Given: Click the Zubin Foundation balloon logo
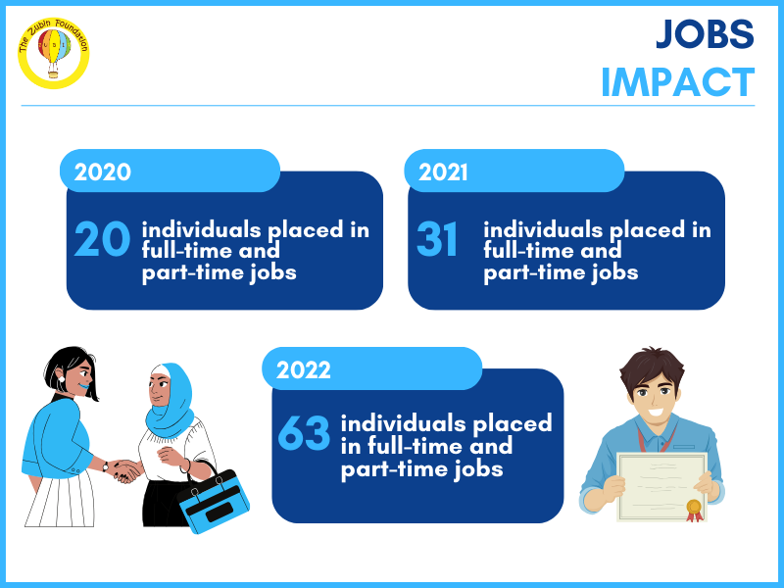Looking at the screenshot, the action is coord(54,53).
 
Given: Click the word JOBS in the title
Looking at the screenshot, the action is coord(705,34).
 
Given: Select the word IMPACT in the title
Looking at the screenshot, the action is coord(677,82).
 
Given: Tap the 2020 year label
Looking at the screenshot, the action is coord(103,172).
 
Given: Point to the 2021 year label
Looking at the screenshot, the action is coord(443,172).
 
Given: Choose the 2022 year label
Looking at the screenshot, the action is coord(304,370).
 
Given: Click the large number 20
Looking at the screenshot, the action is coord(102,239).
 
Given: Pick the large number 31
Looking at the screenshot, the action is coord(437,239).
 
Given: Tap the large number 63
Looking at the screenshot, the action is coord(304,432).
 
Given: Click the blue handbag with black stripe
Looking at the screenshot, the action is coord(214,500).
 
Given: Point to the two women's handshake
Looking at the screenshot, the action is coord(125,470).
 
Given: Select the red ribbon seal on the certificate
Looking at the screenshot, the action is coord(694,511).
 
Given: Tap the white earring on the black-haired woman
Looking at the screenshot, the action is coord(62,379).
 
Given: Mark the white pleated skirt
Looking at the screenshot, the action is coord(60,499).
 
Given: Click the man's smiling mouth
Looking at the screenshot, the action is coord(655,414).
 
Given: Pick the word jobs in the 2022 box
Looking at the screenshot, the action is coord(478,469).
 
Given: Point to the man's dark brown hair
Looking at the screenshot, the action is coord(652,367).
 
